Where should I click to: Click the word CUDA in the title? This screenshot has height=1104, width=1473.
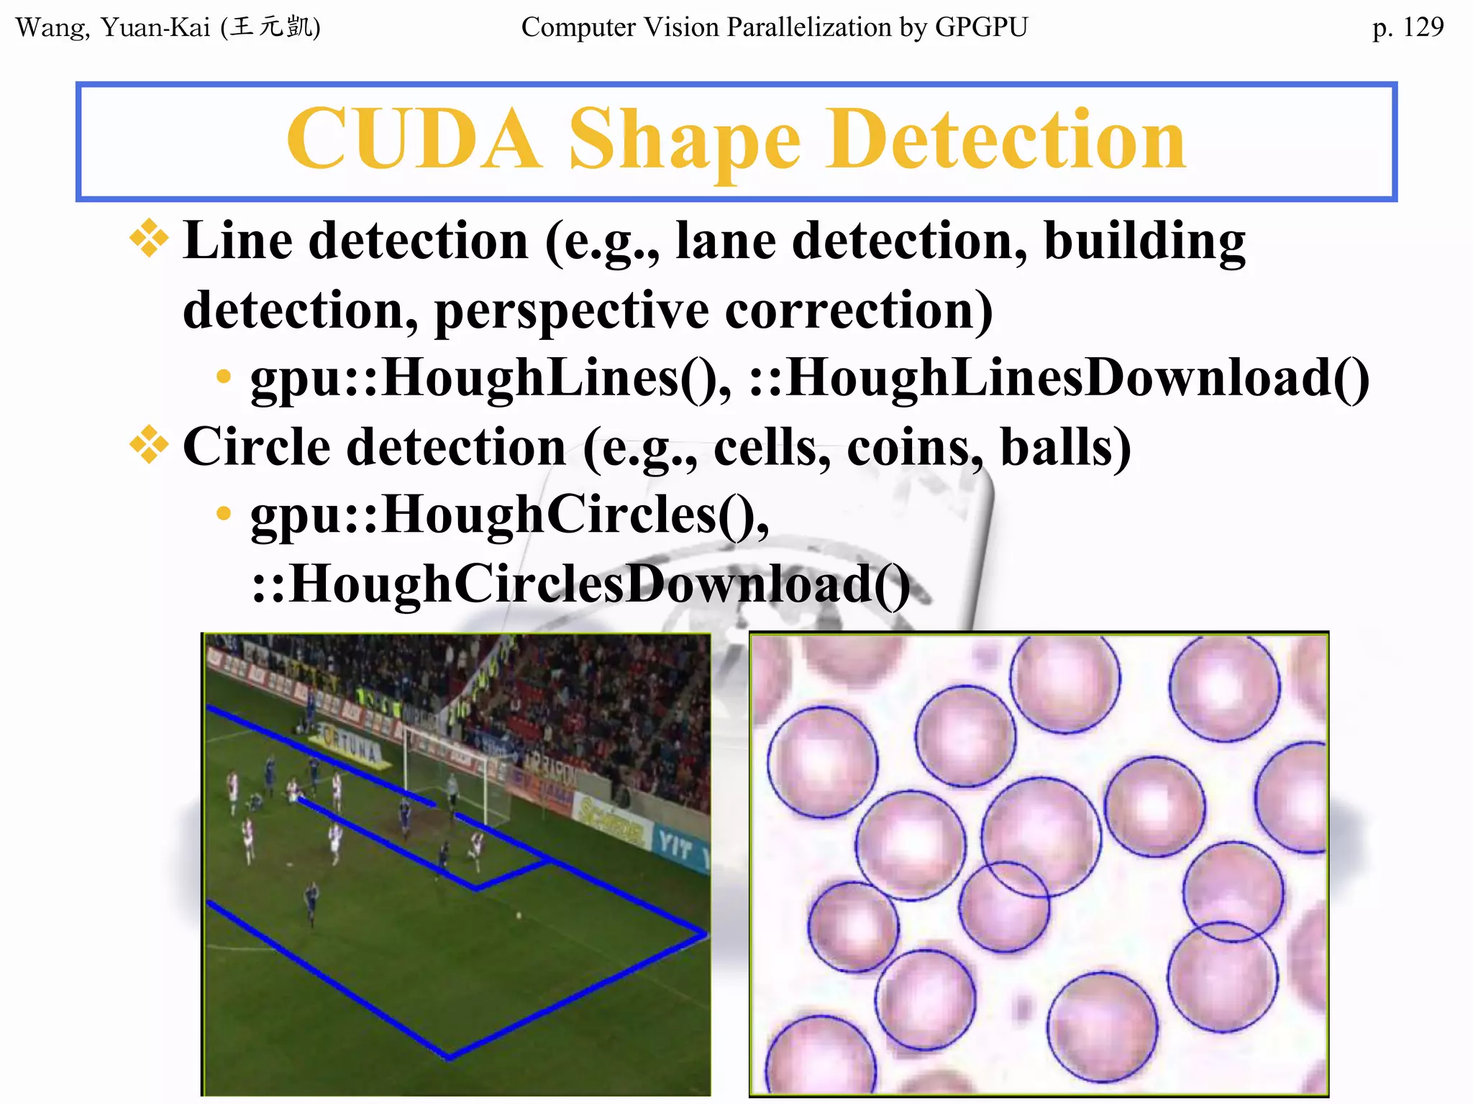[x=413, y=139]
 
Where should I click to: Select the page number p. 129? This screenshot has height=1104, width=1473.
[x=1408, y=27]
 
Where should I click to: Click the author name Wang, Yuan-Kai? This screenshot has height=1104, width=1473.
[x=113, y=28]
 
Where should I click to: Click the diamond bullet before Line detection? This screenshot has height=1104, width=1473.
[x=149, y=239]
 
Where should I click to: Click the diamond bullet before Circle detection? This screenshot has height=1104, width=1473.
[x=149, y=445]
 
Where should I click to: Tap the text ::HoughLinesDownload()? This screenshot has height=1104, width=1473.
[x=1059, y=378]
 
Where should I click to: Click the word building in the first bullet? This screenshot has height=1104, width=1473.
[x=1144, y=241]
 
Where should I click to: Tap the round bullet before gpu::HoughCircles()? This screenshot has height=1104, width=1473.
[x=224, y=513]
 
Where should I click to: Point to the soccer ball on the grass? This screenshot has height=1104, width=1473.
[x=519, y=915]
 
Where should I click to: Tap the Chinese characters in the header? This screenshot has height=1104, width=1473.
[x=272, y=27]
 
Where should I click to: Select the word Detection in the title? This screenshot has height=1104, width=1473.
[x=1005, y=139]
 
